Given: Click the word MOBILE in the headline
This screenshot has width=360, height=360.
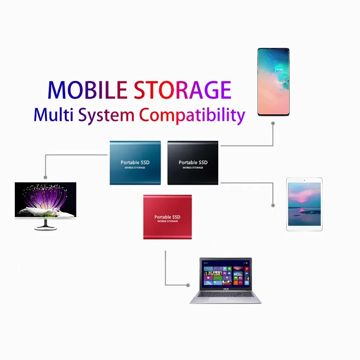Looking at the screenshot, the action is pos(87,90).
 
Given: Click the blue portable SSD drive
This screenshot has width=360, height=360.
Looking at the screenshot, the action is pos(135,163).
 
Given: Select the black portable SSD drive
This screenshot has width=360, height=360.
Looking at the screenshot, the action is pos(193,163).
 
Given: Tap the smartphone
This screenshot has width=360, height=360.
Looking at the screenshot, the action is pos(274,82).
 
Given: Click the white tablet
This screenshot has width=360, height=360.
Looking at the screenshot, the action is pos(304,204).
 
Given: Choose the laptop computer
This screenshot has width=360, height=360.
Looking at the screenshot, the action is pos(226,280).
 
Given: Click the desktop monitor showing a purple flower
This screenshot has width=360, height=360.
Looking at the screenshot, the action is pos(45,200).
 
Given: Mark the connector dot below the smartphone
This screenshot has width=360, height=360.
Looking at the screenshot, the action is pos(273,123).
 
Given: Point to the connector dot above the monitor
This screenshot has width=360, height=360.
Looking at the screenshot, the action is pos(45,177).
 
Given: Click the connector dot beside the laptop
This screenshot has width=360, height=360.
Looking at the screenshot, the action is pos(188,285).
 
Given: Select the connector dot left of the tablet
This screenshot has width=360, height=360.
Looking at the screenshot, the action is pos(273,205).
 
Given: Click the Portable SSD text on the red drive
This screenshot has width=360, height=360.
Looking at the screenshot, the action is pos(167,217).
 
